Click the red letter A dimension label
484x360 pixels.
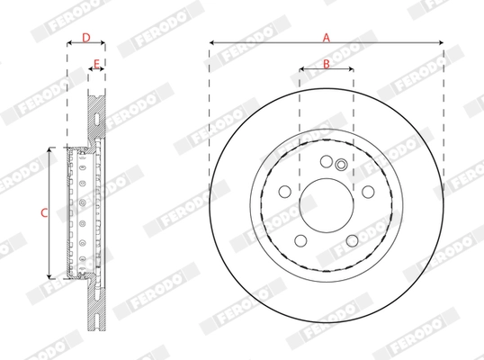tap(326, 36)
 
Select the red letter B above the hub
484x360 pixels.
tap(326, 62)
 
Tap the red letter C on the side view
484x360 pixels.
tap(43, 212)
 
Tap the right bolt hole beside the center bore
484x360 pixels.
tap(368, 191)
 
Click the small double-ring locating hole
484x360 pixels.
tap(340, 164)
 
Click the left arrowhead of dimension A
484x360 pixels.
tap(211, 42)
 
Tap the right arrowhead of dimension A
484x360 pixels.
tap(441, 42)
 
